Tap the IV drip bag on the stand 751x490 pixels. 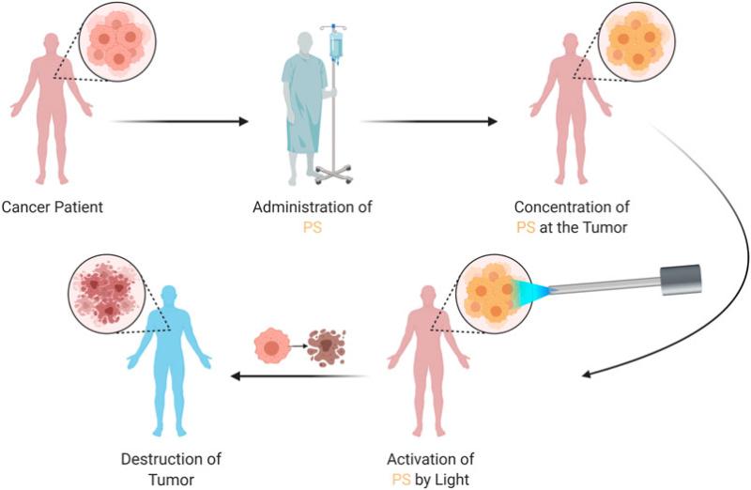pos(337,46)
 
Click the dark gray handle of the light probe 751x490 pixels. pos(681,280)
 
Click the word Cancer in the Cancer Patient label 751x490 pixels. pos(26,207)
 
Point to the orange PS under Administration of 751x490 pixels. pos(313,227)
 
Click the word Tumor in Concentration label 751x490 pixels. pos(605,227)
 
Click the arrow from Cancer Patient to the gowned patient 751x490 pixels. pos(179,122)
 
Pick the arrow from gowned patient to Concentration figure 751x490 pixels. pos(429,122)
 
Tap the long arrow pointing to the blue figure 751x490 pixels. pos(299,376)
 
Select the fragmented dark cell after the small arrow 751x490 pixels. pos(326,347)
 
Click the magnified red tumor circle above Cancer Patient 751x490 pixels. pos(117,41)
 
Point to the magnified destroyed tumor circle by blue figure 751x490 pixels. pos(106,294)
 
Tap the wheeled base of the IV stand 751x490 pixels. pos(333,175)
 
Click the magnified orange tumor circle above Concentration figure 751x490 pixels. pos(636,41)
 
